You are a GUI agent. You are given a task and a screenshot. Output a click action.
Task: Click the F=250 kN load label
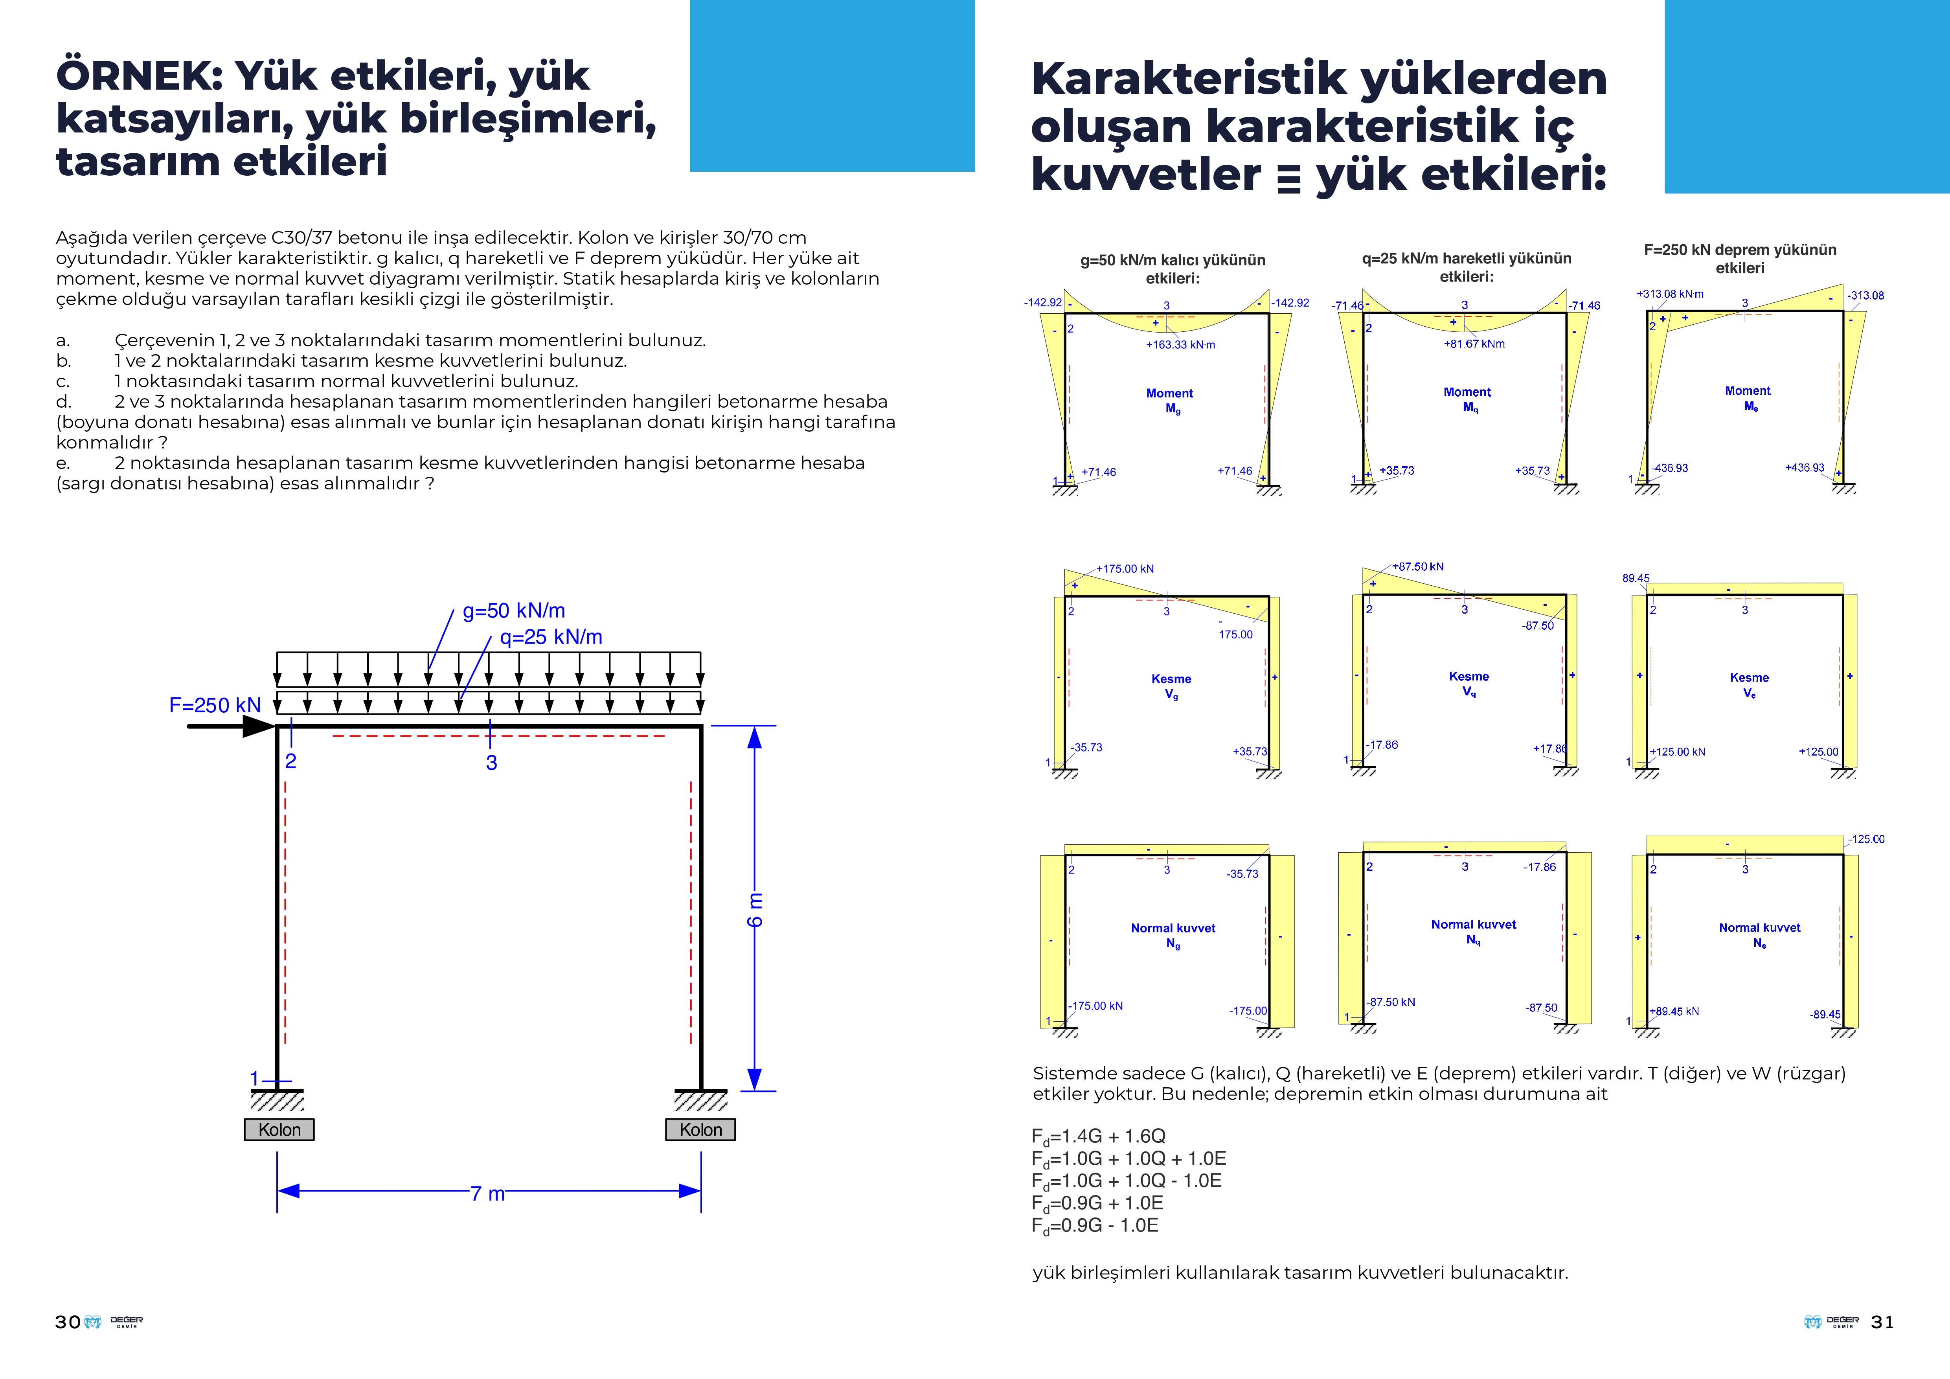click(215, 706)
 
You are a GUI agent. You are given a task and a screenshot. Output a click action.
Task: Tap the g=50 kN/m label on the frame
click(514, 610)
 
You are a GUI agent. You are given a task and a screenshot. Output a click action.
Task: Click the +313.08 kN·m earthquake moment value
click(1670, 294)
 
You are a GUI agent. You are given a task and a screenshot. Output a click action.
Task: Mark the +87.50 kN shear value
click(1417, 566)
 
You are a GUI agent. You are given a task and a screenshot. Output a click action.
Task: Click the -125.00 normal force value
click(1866, 839)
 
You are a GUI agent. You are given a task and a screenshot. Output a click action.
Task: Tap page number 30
click(67, 1322)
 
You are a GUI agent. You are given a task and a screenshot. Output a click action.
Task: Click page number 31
click(1882, 1322)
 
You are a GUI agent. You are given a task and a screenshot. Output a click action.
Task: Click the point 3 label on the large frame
click(491, 763)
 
